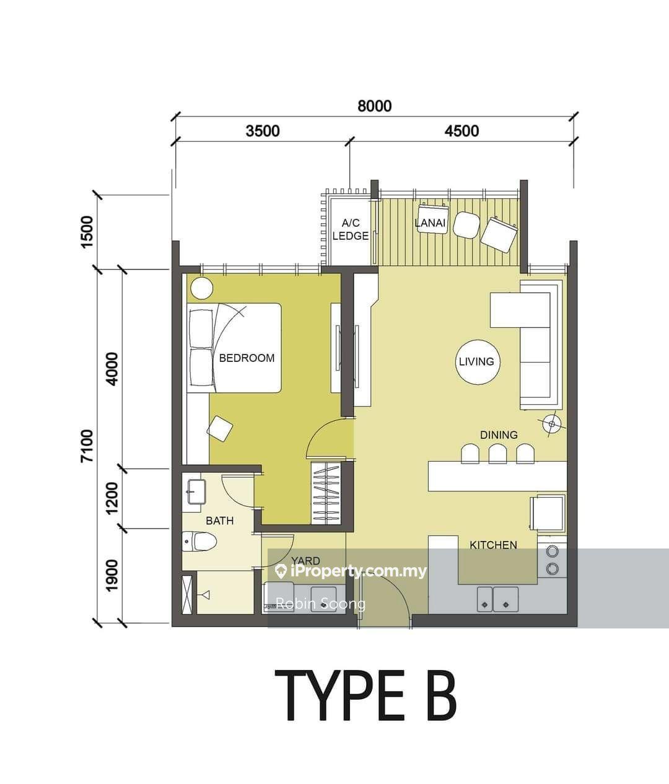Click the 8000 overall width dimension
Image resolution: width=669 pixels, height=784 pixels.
coord(375,106)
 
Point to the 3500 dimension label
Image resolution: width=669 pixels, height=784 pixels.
coord(263,131)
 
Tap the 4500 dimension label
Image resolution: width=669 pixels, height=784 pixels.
coord(461,131)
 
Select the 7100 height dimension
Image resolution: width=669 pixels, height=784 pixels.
coord(87,446)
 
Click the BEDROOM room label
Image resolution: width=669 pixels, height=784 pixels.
coord(247,358)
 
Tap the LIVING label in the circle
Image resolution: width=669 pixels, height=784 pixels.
coord(476,361)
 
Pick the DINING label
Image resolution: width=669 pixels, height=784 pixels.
coord(499,434)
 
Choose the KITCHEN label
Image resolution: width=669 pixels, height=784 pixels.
coord(494,545)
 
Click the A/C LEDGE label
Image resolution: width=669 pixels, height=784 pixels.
coord(351,229)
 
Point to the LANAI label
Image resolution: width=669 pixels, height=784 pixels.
coord(430,222)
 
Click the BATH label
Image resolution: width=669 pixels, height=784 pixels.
coord(219,521)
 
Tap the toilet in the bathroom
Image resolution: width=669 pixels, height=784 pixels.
coord(199,542)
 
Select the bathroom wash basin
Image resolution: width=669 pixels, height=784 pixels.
coord(196,492)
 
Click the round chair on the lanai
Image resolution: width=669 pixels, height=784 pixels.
coord(466,225)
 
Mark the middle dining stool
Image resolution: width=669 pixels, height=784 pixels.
coord(497,454)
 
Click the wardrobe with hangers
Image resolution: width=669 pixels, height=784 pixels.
coord(326,493)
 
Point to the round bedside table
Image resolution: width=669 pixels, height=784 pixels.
coord(202,288)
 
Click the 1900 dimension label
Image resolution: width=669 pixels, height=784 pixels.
coord(113,575)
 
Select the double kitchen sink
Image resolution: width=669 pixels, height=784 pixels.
coord(497,599)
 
